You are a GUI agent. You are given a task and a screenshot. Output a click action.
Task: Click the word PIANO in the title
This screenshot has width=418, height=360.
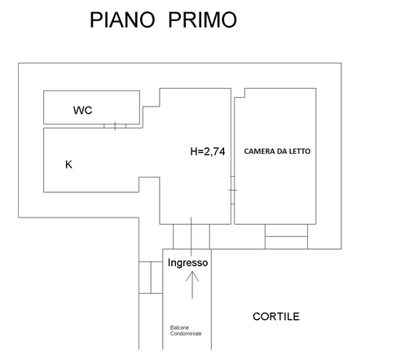pos(122,20)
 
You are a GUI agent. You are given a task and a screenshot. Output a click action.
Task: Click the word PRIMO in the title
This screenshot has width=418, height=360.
pos(203,20)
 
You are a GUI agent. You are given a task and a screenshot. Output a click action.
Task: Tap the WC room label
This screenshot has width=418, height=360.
pos(82,110)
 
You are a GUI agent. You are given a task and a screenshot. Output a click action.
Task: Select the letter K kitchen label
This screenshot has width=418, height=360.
pos(68,165)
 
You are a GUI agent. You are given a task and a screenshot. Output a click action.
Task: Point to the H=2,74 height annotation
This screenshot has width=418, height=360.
pos(208,151)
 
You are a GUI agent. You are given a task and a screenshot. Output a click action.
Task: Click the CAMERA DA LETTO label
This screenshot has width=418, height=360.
pos(277,151)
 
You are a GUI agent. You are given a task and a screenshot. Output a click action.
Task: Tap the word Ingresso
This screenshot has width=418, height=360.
pos(187,262)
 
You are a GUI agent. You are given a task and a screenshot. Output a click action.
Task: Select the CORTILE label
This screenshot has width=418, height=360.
pos(276,317)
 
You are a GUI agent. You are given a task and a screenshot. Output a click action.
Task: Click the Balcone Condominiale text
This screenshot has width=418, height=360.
pos(186,331)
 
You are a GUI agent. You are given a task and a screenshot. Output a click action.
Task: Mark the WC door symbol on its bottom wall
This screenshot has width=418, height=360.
pos(115,126)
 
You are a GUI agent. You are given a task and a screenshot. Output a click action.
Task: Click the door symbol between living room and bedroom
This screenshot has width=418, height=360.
pos(233,190)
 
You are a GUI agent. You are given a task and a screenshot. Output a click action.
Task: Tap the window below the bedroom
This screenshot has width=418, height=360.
pos(286,236)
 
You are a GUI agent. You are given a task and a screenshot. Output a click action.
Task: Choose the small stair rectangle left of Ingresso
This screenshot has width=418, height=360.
pos(151,278)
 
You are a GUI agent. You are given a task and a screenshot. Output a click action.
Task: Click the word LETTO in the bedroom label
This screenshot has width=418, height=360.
pos(299,151)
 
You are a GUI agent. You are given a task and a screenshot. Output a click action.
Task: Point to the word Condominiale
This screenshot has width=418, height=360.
pos(186,333)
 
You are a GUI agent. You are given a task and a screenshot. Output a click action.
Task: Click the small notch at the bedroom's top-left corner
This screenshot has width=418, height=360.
pos(240,93)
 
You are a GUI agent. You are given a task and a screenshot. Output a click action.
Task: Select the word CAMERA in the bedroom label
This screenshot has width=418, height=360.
pos(257,151)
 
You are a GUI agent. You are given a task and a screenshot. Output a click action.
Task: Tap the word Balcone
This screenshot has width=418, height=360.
pos(179,327)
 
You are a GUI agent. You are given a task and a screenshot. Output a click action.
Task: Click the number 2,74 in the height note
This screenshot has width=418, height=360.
pos(214,151)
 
